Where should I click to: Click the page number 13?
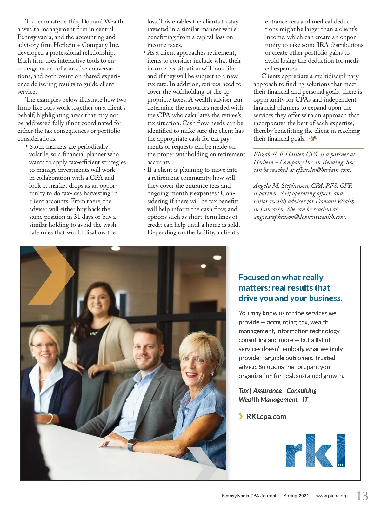362,496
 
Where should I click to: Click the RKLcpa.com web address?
266,416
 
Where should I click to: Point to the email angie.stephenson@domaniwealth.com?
299,217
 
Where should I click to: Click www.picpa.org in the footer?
332,496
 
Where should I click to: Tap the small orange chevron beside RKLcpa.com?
241,416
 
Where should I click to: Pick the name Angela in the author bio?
262,186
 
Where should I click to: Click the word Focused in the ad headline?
254,278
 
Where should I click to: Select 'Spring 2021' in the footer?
296,496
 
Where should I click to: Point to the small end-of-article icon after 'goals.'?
313,138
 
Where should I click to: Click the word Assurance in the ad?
267,391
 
